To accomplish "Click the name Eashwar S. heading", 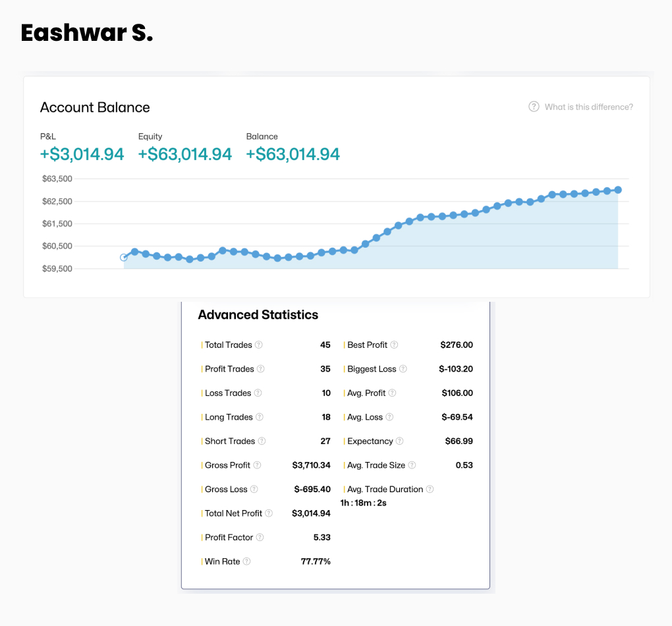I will pos(86,33).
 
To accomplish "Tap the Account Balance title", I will pos(95,107).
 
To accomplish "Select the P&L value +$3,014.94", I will pos(82,154).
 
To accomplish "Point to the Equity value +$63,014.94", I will pos(185,154).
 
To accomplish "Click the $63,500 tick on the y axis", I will pos(57,179).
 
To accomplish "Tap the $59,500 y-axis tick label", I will pos(57,269).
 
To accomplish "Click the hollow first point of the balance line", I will pos(124,258).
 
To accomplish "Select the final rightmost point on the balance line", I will pos(618,190).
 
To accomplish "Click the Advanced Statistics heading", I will pos(258,315).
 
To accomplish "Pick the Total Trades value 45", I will pos(325,345).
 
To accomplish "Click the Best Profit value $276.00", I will pos(457,345).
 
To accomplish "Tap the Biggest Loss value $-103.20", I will pos(456,369).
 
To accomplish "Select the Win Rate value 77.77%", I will pos(316,561).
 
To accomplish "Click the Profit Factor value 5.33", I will pos(322,537).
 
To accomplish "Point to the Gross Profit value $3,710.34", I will pos(311,465).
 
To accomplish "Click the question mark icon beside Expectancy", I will pos(399,441).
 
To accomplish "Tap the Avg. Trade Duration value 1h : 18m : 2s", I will pos(363,503).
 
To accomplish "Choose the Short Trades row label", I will pos(230,441).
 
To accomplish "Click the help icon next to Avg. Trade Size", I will pos(412,465).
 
